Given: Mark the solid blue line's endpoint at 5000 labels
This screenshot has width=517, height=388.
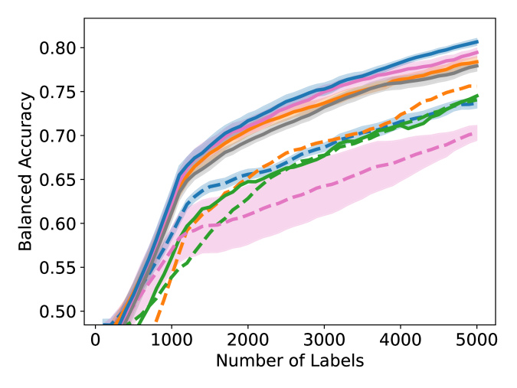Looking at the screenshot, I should pyautogui.click(x=477, y=41).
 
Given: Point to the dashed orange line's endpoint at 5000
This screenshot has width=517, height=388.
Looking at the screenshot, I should pyautogui.click(x=477, y=84).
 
